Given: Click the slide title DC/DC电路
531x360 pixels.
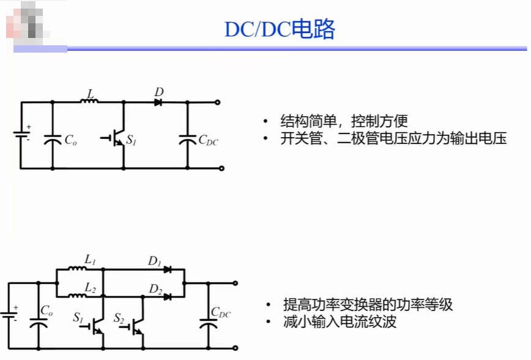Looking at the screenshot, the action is point(280,29).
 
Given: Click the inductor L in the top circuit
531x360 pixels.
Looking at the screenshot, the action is point(89,100).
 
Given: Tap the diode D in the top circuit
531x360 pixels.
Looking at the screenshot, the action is point(158,102).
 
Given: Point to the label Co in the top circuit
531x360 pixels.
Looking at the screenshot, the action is point(71,140).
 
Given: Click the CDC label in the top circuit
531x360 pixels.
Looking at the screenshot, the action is point(208,140).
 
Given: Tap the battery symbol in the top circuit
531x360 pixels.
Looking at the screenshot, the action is point(21,134).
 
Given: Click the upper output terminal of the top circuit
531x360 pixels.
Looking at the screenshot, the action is point(218,102).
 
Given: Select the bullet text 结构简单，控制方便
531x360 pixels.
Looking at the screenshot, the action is point(344,121).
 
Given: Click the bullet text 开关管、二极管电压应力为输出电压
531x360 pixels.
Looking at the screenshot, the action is point(393,138).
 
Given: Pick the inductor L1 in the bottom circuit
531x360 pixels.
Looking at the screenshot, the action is point(77,269).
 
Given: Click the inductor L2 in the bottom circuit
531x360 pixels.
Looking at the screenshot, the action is point(77,296).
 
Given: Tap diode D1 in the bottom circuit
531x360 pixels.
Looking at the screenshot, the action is point(167,269).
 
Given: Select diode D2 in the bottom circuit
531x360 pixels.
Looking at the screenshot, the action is point(167,297).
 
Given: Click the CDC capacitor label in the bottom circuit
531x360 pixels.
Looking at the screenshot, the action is point(220,312).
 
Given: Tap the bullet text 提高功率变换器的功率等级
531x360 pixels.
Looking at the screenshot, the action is point(368,304).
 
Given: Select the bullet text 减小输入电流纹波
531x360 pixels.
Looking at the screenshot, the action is point(340,321).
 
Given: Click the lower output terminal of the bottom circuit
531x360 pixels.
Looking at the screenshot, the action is point(236,348).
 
